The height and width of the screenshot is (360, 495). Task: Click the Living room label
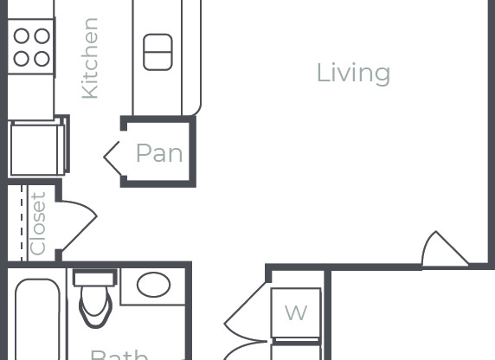(353, 73)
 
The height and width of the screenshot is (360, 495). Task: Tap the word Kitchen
(89, 58)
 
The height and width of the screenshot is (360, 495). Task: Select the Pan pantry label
(159, 154)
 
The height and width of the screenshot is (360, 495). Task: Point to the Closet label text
(38, 223)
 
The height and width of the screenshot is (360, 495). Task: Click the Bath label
(119, 353)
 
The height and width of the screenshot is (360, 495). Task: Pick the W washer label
(296, 312)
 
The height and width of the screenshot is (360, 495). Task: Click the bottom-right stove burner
(42, 58)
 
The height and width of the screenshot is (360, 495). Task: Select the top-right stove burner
(42, 36)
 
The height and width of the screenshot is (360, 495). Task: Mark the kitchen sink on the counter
(157, 52)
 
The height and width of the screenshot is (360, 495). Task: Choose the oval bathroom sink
(154, 285)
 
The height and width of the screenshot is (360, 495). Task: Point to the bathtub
(36, 320)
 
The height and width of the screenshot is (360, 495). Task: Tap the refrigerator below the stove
(36, 147)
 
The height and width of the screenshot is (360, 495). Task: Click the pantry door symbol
(112, 157)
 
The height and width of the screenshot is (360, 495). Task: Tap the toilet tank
(94, 278)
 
